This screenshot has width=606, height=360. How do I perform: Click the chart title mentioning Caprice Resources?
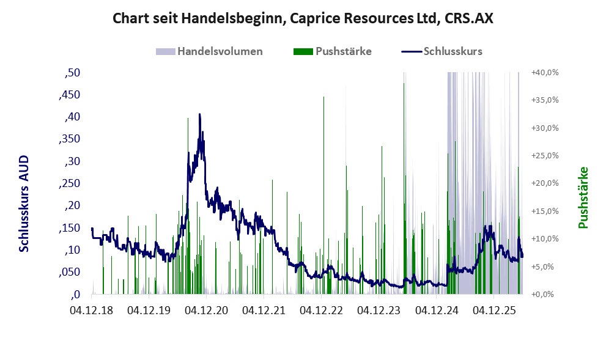(303, 18)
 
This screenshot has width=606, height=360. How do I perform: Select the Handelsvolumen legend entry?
(209, 51)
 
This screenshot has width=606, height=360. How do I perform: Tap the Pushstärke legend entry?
(333, 51)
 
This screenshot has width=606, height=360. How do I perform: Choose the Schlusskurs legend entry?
(442, 51)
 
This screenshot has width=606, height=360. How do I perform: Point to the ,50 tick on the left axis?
(72, 73)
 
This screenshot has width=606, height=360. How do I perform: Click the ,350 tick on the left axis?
(70, 139)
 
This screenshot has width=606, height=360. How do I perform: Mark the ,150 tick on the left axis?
(70, 228)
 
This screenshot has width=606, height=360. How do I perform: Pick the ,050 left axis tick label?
(70, 273)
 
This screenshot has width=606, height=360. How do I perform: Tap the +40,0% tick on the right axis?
(545, 73)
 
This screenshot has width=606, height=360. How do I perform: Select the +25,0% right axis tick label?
(545, 156)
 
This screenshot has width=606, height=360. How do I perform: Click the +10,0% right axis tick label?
(545, 239)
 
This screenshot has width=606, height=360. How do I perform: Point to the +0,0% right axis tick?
(542, 295)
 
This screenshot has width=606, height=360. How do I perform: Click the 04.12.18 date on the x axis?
(92, 310)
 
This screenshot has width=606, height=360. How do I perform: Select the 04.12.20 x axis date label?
(206, 310)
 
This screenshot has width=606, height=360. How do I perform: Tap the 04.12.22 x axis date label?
(321, 310)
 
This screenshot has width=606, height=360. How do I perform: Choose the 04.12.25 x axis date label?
(494, 310)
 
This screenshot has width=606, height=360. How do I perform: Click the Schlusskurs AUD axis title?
(24, 204)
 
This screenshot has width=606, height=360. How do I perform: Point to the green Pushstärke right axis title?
(583, 197)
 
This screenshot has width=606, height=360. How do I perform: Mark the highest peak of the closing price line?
(200, 114)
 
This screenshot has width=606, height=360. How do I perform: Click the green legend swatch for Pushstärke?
(303, 51)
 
